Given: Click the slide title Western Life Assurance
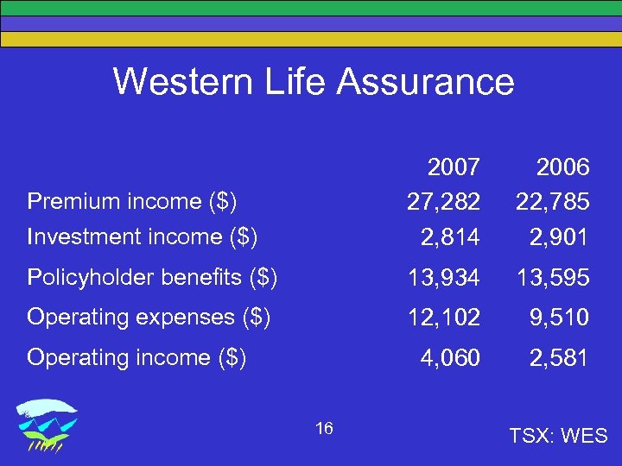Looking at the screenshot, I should tap(313, 82).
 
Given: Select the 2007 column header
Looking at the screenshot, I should tap(453, 167).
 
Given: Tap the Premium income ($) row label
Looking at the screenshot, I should tap(132, 201).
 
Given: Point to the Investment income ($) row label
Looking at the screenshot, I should tap(143, 236).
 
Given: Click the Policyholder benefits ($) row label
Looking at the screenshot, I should tap(152, 277).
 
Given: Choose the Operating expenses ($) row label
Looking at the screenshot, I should tap(149, 317).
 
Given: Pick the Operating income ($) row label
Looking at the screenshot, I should tap(136, 357).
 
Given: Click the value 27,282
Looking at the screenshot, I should tap(443, 202).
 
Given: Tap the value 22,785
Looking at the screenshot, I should tap(553, 202).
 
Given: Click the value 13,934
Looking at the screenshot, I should tap(443, 278).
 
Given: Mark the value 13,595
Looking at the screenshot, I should tap(553, 278).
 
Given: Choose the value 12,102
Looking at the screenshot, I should tap(443, 318).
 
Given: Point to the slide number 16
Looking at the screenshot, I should tap(325, 429).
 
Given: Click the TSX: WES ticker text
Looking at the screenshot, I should tap(557, 436).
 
